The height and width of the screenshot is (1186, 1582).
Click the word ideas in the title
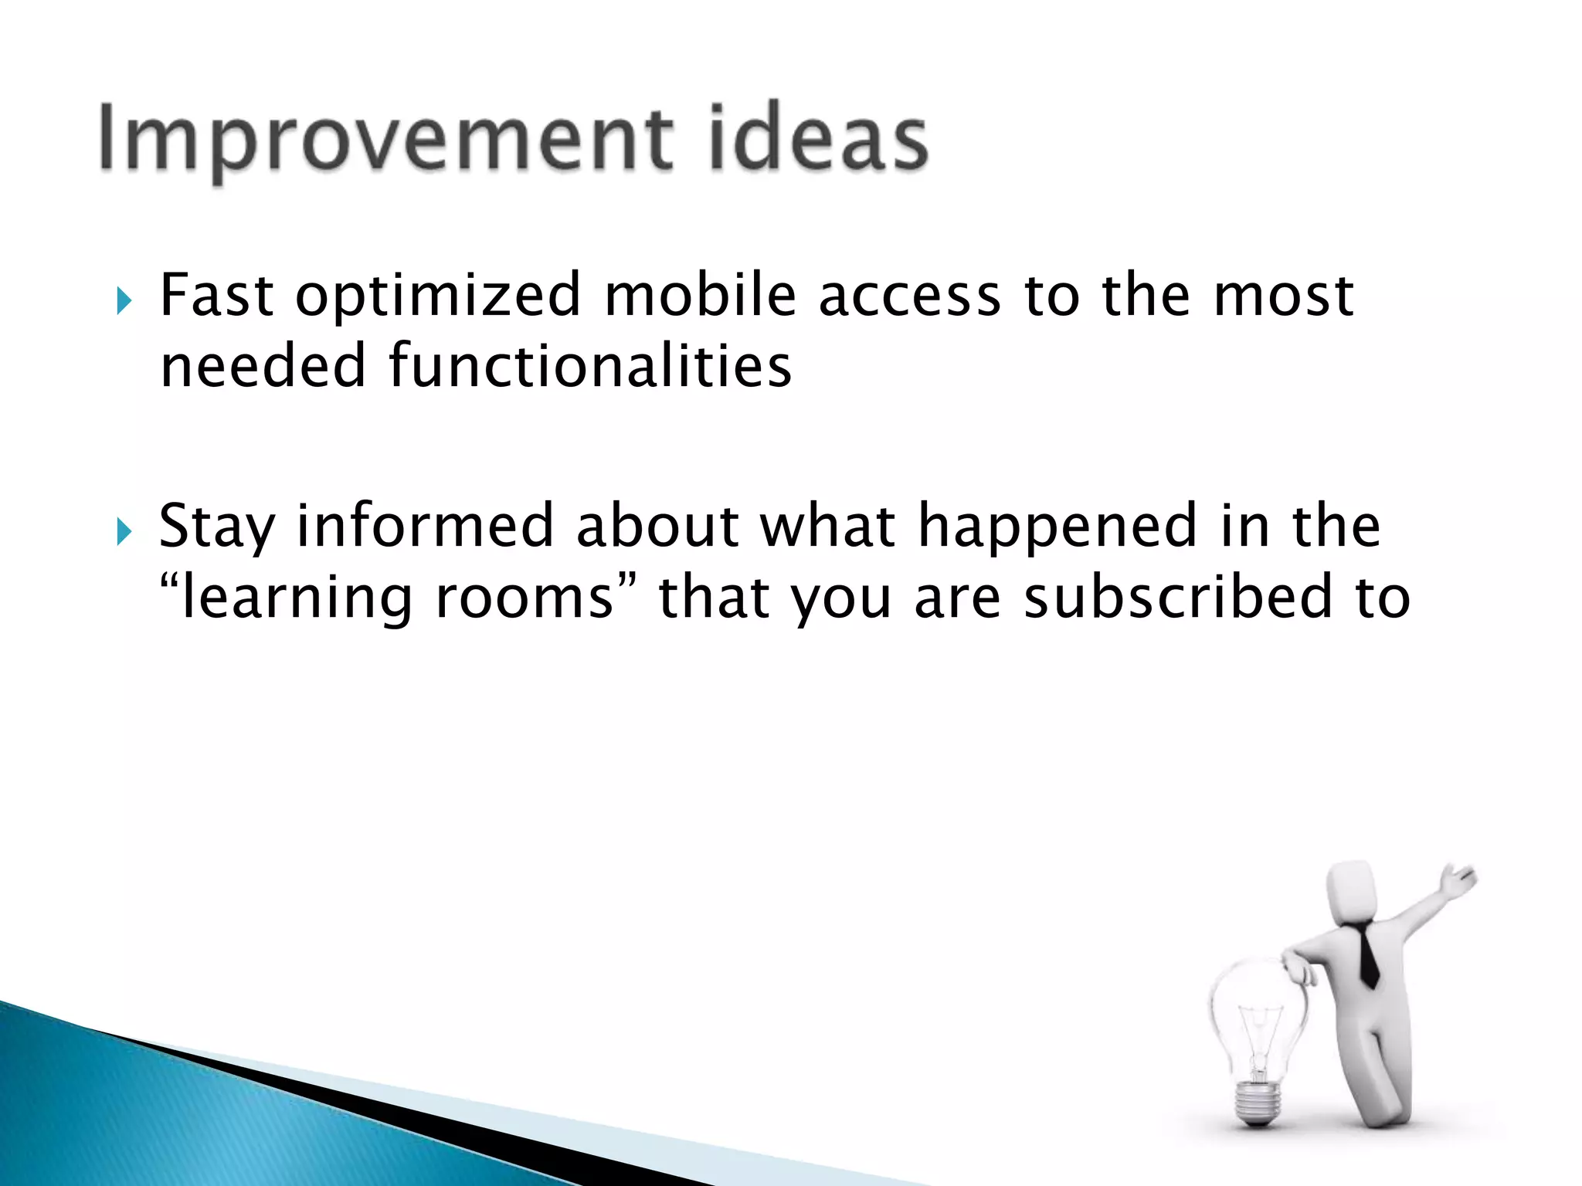pos(818,139)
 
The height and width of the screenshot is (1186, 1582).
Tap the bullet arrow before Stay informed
pos(124,530)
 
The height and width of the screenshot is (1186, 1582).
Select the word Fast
pos(216,295)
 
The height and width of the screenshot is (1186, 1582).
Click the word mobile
pos(700,295)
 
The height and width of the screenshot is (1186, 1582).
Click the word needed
pos(263,366)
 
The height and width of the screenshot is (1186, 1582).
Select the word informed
pos(426,526)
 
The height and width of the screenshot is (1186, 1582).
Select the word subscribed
pos(1179,598)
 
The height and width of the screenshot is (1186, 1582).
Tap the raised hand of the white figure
pos(1457,881)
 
